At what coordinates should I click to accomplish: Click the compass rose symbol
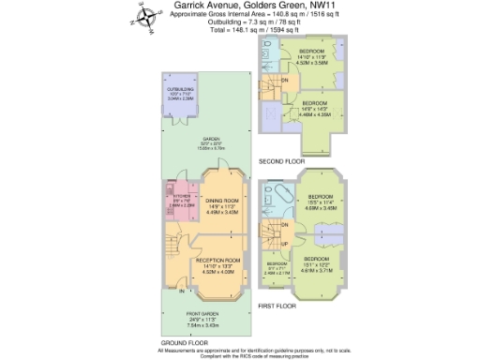click(x=145, y=16)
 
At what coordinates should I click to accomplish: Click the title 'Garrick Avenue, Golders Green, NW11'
click(x=242, y=7)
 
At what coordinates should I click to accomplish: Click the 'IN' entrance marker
click(x=181, y=292)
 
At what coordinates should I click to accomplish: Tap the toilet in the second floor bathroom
click(x=270, y=48)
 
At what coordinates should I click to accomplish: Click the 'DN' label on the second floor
click(x=284, y=80)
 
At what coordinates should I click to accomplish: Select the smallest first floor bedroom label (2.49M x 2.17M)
click(x=277, y=269)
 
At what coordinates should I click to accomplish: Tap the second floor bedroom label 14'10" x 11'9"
click(x=311, y=57)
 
